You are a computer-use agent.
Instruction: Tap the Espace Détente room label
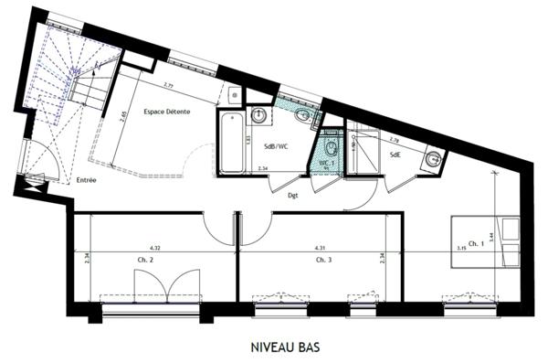point(168,112)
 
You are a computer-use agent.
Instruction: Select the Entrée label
point(87,180)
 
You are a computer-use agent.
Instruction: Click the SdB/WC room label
point(276,146)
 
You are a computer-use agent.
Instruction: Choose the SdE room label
point(395,155)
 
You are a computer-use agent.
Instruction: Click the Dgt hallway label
point(293,195)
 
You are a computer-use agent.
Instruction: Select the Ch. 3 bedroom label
point(323,260)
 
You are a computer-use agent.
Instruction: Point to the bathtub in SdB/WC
point(231,143)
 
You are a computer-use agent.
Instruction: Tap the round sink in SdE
point(431,161)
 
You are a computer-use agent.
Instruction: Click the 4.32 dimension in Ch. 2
point(155,248)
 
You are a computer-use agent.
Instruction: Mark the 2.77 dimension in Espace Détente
point(170,85)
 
